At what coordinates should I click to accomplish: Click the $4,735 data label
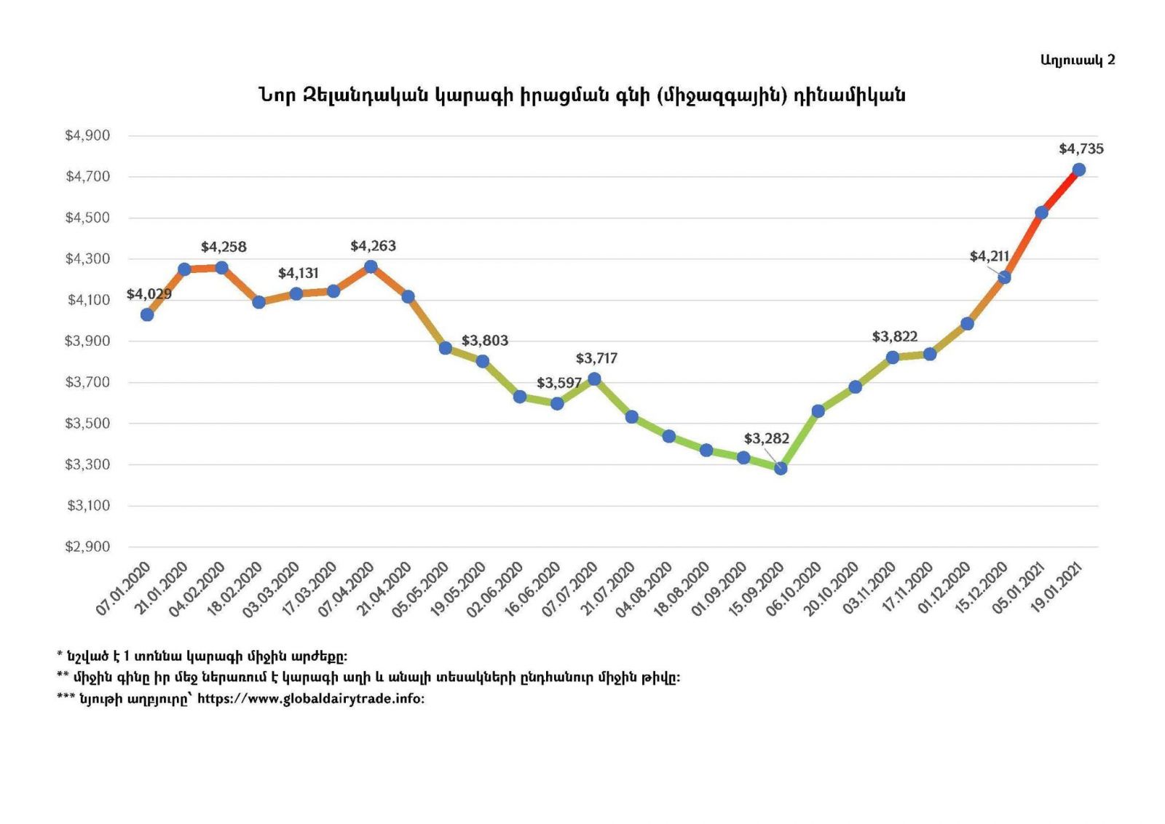click(x=1081, y=149)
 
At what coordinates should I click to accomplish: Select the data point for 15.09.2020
click(x=781, y=468)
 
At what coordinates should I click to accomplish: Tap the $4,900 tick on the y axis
click(x=87, y=135)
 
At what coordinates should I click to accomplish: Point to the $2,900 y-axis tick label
click(x=87, y=547)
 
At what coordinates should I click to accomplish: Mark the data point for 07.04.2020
click(x=371, y=266)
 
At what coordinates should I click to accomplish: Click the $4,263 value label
click(x=373, y=246)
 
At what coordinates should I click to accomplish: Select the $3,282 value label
click(x=766, y=438)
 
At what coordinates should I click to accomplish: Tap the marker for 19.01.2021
click(x=1079, y=170)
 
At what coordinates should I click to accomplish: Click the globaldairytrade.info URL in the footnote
click(x=310, y=699)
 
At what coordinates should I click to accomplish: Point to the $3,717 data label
click(x=596, y=358)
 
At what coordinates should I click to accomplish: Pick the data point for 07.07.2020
click(x=594, y=379)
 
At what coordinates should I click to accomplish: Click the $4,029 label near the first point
click(x=149, y=294)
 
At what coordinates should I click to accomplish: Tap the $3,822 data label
click(x=894, y=336)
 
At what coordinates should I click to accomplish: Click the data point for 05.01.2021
click(x=1041, y=213)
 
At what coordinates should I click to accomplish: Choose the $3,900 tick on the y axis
click(x=87, y=341)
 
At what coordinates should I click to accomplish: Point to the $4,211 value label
click(x=989, y=256)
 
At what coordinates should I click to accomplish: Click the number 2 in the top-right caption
click(x=1110, y=60)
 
